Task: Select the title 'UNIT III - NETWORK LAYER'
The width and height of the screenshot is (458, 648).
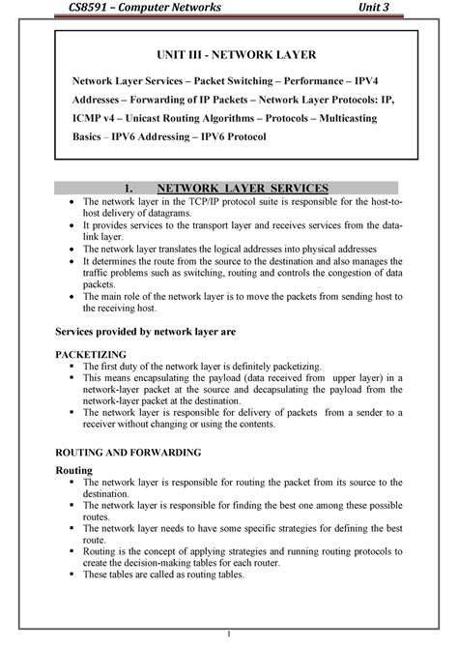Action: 238,58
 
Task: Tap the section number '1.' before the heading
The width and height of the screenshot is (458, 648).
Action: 148,187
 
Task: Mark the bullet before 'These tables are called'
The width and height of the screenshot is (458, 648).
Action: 73,574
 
